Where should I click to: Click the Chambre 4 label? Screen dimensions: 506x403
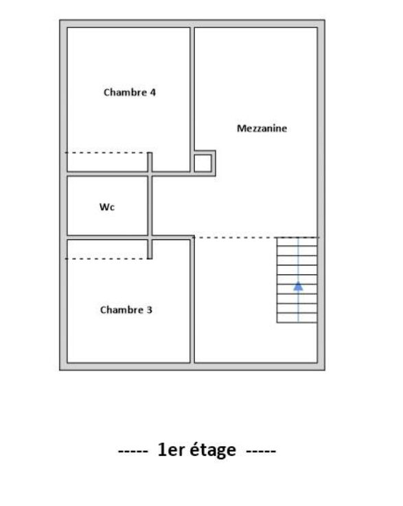tap(129, 92)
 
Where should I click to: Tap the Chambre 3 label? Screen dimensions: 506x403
tap(126, 310)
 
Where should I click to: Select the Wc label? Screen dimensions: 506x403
tap(107, 206)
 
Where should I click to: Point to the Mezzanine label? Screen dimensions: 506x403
tap(262, 129)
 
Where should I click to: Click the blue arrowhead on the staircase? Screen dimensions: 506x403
tap(298, 286)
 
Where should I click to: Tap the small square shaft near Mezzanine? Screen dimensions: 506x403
tap(203, 163)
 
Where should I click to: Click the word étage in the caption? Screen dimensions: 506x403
tap(209, 451)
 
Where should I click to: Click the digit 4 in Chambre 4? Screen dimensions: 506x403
tap(153, 92)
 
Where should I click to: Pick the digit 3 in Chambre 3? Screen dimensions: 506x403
tap(150, 310)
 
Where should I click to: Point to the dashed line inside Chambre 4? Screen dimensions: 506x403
tap(106, 153)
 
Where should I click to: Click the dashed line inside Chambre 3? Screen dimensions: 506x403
tap(106, 258)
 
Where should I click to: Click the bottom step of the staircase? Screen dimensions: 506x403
tap(297, 318)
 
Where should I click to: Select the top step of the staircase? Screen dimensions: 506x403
tap(297, 241)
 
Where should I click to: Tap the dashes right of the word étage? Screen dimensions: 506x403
tap(261, 452)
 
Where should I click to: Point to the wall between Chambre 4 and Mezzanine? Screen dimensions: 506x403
tap(192, 89)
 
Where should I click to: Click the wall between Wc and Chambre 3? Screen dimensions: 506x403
tap(106, 237)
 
